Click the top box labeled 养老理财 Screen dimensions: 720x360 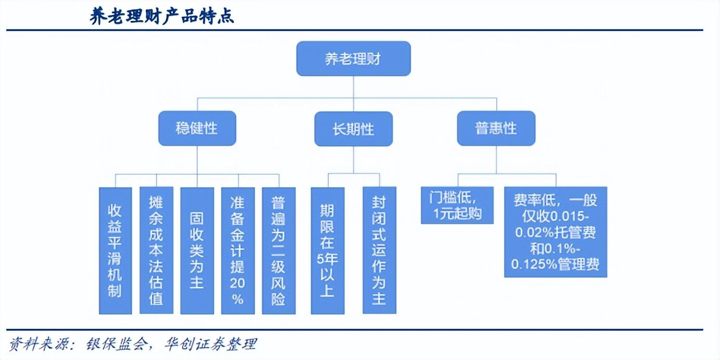353,58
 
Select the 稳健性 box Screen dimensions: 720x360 197,128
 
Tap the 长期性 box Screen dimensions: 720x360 353,129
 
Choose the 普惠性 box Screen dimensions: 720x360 496,128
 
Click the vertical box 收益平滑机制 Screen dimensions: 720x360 115,251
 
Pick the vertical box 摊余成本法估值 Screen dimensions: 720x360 156,250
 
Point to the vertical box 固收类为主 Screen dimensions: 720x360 197,251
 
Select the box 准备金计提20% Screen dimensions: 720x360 238,251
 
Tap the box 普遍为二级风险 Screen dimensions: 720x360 279,251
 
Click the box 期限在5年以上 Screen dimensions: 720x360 328,251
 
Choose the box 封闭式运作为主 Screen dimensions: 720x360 379,250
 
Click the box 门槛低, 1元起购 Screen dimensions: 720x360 457,205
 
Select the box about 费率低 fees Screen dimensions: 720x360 556,232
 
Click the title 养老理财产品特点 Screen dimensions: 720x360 162,16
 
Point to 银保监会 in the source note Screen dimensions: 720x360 118,344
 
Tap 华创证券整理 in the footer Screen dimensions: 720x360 211,344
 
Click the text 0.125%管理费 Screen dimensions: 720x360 555,264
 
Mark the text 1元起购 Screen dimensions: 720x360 457,213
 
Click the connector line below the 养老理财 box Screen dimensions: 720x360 354,87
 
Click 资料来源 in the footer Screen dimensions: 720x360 38,344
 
